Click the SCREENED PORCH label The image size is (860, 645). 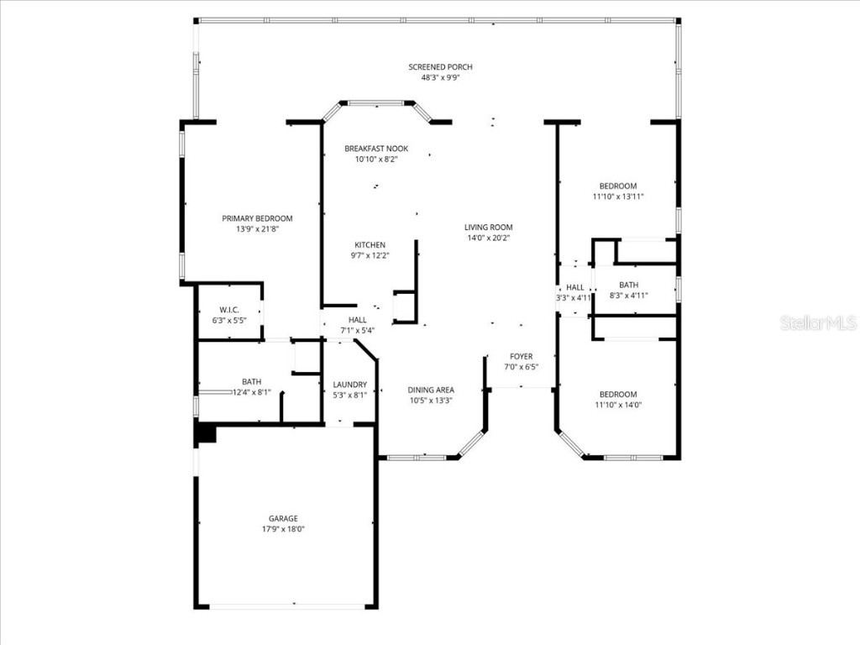click(440, 67)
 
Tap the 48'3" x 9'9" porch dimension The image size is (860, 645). click(440, 77)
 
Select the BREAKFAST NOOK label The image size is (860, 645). click(376, 149)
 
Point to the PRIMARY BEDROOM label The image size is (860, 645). click(257, 218)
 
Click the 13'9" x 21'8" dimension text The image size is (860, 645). click(257, 228)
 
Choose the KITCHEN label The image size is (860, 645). click(370, 245)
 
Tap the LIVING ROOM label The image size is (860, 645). click(488, 227)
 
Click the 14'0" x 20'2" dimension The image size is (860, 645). click(488, 238)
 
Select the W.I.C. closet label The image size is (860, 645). click(229, 310)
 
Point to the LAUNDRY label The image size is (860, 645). click(349, 385)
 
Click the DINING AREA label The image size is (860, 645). click(431, 390)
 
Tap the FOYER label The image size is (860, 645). click(521, 356)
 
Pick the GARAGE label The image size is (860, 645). click(283, 518)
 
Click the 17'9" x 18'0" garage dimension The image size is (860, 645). click(283, 529)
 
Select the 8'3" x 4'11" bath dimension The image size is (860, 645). click(628, 296)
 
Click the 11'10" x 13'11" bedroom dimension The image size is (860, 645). click(617, 197)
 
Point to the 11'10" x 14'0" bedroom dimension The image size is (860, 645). click(617, 405)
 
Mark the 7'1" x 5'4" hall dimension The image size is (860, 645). click(357, 330)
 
